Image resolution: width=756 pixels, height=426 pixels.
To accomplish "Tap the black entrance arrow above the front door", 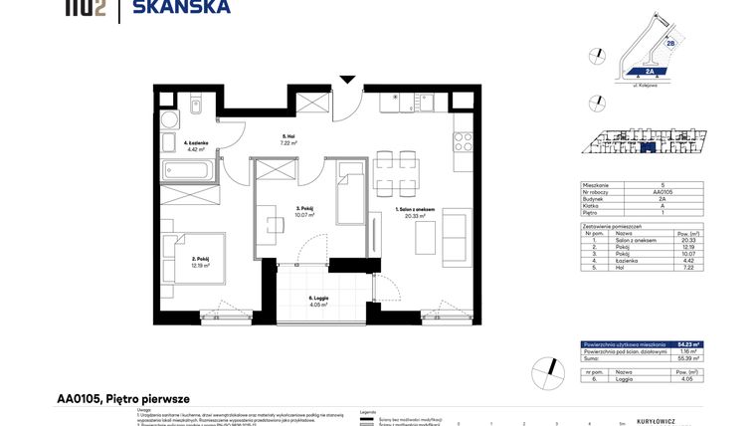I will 346,79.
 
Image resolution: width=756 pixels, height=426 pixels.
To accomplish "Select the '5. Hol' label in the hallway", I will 287,139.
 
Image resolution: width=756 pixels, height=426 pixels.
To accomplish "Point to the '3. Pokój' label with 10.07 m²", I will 304,211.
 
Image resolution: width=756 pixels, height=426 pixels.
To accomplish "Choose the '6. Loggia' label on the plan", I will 317,300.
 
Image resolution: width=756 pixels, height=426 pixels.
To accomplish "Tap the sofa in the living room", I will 459,237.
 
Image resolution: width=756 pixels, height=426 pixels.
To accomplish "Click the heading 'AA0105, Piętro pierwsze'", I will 123,398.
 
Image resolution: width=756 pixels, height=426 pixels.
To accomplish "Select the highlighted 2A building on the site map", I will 649,72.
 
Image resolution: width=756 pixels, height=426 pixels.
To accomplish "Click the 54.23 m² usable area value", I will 688,344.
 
